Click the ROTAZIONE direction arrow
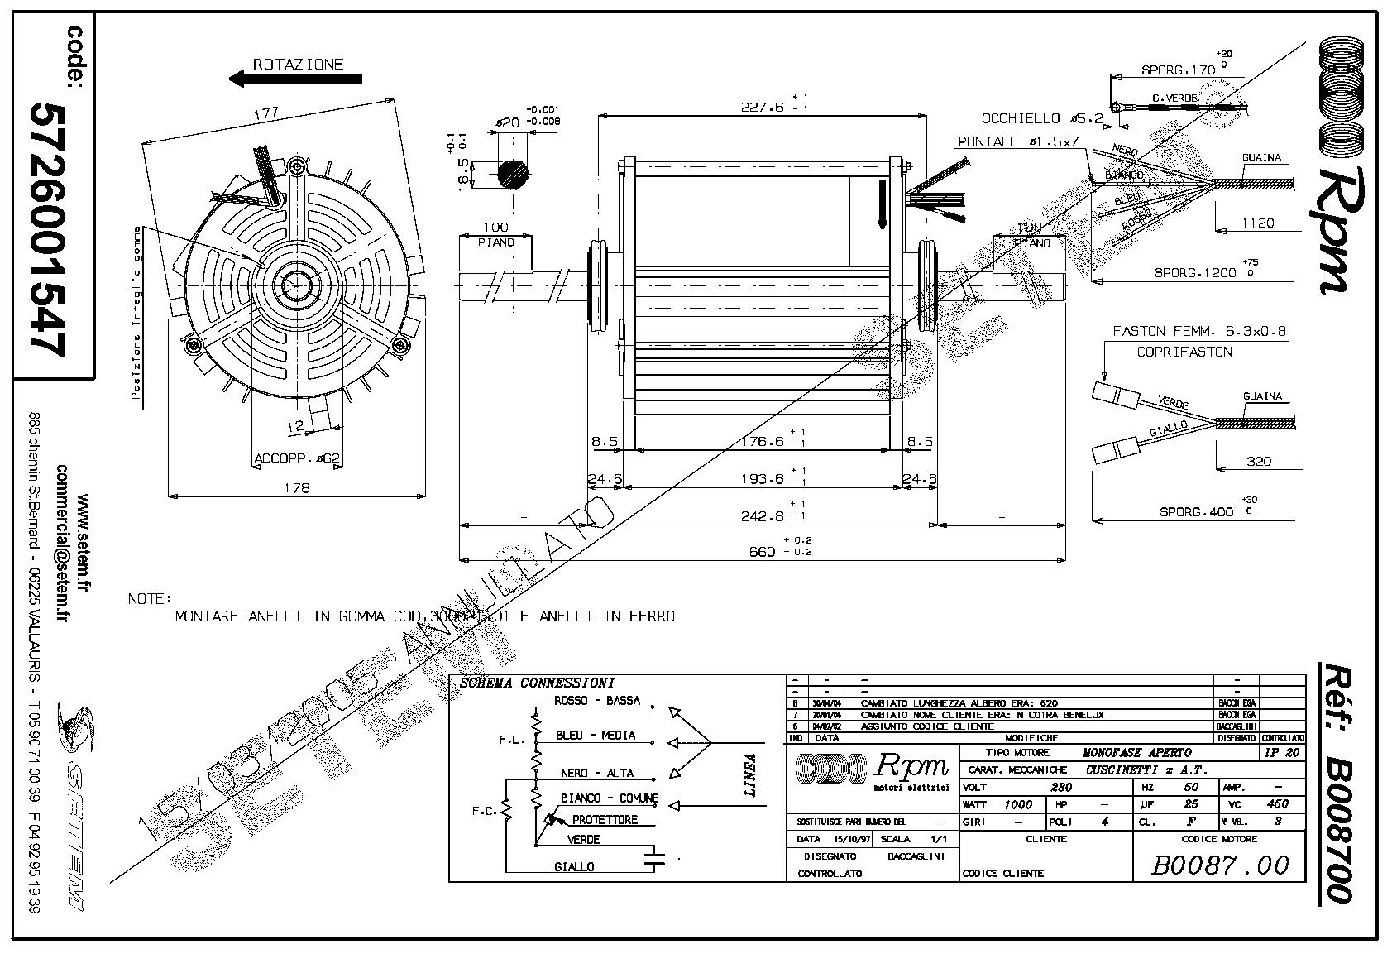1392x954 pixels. (295, 79)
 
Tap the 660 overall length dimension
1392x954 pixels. (762, 552)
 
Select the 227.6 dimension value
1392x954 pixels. (760, 107)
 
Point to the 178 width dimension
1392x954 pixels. (295, 488)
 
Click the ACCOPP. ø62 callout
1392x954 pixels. (297, 458)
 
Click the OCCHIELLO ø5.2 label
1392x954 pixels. (1042, 119)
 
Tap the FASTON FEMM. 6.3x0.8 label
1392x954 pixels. (1199, 331)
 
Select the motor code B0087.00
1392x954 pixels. (1220, 865)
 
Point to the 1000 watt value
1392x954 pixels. (1017, 804)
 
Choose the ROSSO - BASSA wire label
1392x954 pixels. (597, 701)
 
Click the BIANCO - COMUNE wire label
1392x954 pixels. (609, 798)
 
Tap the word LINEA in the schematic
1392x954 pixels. (750, 774)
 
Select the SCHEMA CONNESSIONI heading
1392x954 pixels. (537, 683)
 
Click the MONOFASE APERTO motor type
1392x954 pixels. (1137, 753)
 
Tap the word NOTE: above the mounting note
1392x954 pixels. (150, 599)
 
